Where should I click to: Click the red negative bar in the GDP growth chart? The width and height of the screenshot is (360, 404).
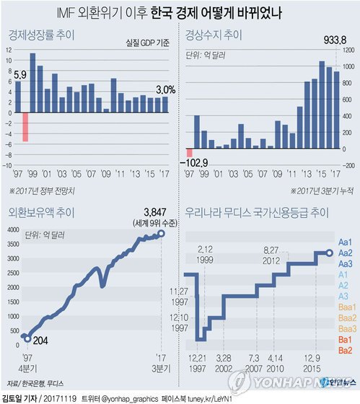(26, 127)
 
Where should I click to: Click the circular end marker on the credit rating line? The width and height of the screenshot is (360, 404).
(330, 252)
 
